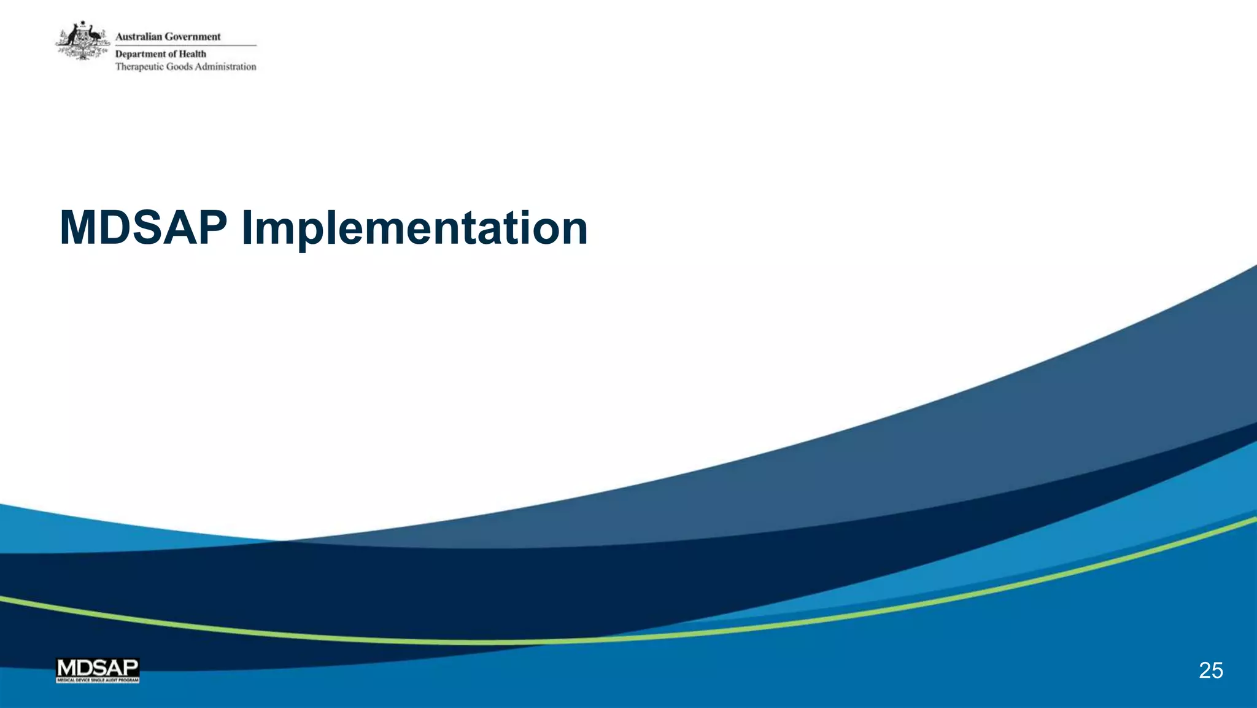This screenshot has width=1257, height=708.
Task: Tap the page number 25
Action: (1210, 671)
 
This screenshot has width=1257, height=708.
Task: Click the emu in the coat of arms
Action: (94, 36)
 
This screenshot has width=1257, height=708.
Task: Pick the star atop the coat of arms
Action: (82, 23)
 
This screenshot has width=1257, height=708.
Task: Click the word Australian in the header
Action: (138, 37)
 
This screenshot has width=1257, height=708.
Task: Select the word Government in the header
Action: (192, 37)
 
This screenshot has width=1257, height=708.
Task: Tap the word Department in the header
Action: (141, 54)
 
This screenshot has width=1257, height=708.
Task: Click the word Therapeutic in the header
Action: (139, 67)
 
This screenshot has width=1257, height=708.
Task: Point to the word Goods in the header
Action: (179, 67)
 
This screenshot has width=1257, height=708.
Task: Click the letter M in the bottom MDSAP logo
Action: (64, 667)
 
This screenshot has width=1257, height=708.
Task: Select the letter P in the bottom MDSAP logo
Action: (131, 667)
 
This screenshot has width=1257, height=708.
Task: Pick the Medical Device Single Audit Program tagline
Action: (98, 680)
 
